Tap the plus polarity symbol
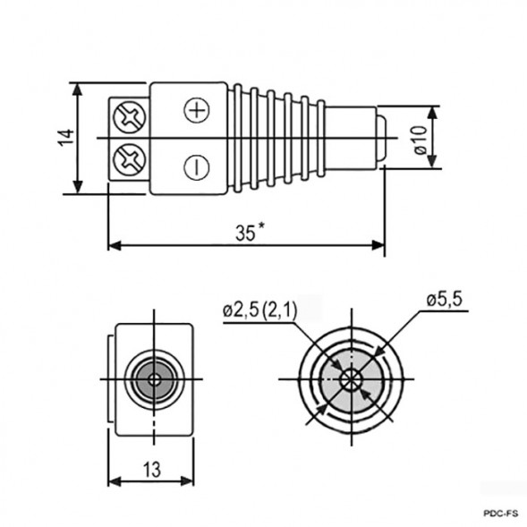195,110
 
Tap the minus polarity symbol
195,165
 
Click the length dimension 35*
250,233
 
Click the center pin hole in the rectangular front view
156,379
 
